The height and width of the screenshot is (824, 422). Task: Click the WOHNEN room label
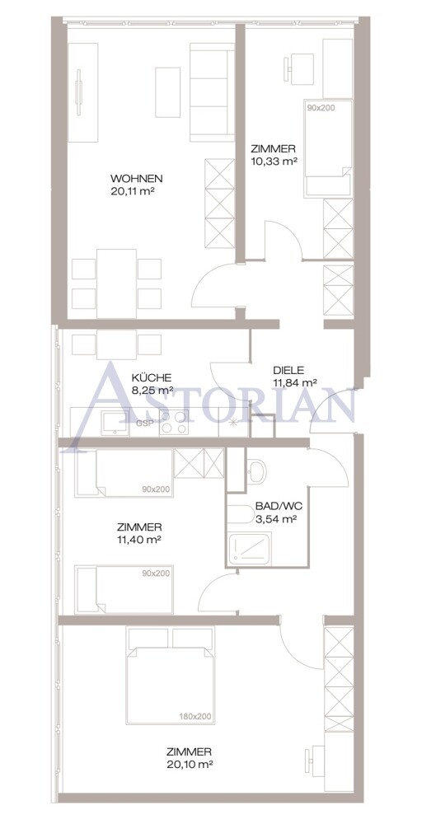point(137,178)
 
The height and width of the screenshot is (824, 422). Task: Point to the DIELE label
point(288,370)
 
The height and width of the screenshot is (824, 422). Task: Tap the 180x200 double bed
point(171,676)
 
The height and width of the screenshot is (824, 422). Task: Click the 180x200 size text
point(195,716)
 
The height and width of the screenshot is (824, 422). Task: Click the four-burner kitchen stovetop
point(175,422)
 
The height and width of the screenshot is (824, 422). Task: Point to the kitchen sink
point(115,423)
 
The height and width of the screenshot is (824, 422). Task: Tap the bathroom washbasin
point(257,471)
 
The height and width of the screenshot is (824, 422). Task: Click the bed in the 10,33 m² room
point(328,148)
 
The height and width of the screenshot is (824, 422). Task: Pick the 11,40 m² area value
point(139,539)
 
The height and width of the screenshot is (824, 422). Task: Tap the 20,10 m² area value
point(190,764)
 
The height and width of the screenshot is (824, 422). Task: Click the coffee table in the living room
point(167,92)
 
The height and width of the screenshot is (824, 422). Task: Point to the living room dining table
point(117,283)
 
